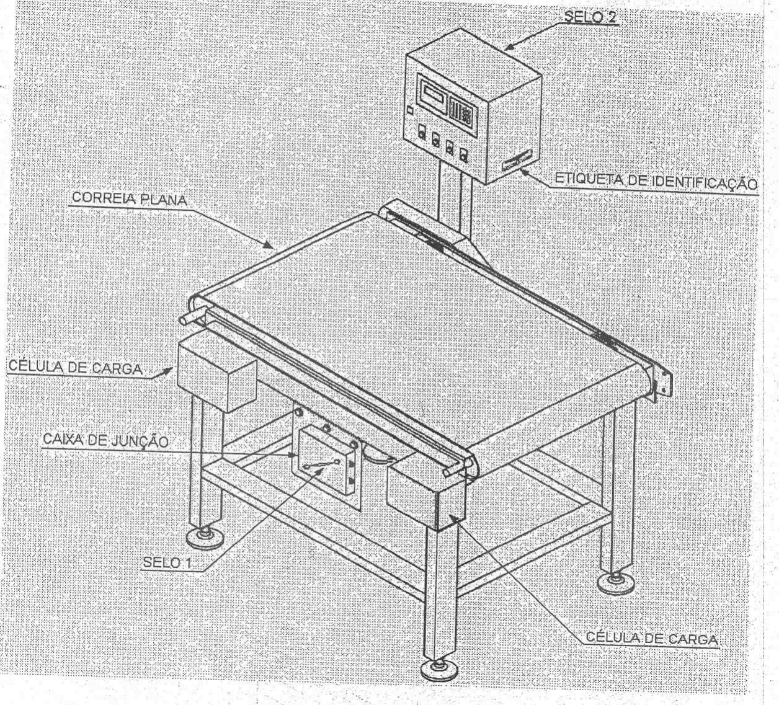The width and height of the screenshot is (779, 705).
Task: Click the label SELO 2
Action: [590, 17]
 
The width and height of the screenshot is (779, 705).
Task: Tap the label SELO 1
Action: [167, 562]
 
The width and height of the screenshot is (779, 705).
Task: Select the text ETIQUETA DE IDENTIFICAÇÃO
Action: [656, 180]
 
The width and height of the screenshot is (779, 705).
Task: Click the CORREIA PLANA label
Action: [129, 199]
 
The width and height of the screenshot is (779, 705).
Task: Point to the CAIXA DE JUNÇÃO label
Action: [105, 441]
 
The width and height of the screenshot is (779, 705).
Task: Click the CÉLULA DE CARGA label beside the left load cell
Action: [75, 367]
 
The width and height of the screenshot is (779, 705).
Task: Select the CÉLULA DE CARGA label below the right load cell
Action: [652, 639]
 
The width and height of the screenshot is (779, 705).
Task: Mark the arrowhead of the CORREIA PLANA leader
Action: [269, 245]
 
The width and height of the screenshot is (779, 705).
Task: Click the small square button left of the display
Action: [411, 110]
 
